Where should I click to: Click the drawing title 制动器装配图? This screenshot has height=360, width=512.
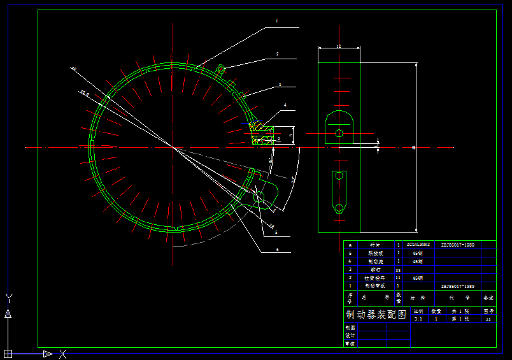coord(376,314)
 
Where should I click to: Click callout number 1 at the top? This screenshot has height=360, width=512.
coord(276,21)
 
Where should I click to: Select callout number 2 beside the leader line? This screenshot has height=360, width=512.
coord(278,54)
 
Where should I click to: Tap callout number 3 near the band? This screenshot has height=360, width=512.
coord(280,84)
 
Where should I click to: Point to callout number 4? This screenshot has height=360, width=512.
coord(285,104)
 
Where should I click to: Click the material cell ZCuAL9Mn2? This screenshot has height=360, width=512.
coord(418,245)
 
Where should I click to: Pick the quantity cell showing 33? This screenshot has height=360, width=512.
coord(399,270)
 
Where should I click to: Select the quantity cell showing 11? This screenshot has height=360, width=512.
coord(399,278)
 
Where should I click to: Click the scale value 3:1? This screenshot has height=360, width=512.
coord(418,319)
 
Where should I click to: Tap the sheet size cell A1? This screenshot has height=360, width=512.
coord(488,319)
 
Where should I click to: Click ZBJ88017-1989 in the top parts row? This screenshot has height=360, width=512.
coord(457,245)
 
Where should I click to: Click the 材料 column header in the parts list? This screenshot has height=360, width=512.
coord(418,298)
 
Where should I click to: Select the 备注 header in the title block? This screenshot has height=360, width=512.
coord(488,298)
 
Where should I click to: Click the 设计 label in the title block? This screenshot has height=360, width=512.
coord(350,335)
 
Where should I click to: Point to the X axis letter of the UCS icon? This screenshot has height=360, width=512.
coord(63,354)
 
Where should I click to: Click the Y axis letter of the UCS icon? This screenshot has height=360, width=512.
coord(8,298)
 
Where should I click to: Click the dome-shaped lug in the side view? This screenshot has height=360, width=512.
coord(339,127)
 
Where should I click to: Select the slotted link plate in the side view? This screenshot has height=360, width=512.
coord(339,192)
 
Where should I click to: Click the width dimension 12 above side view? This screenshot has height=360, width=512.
coord(338,47)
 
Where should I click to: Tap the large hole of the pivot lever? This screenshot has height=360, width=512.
coord(259,197)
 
